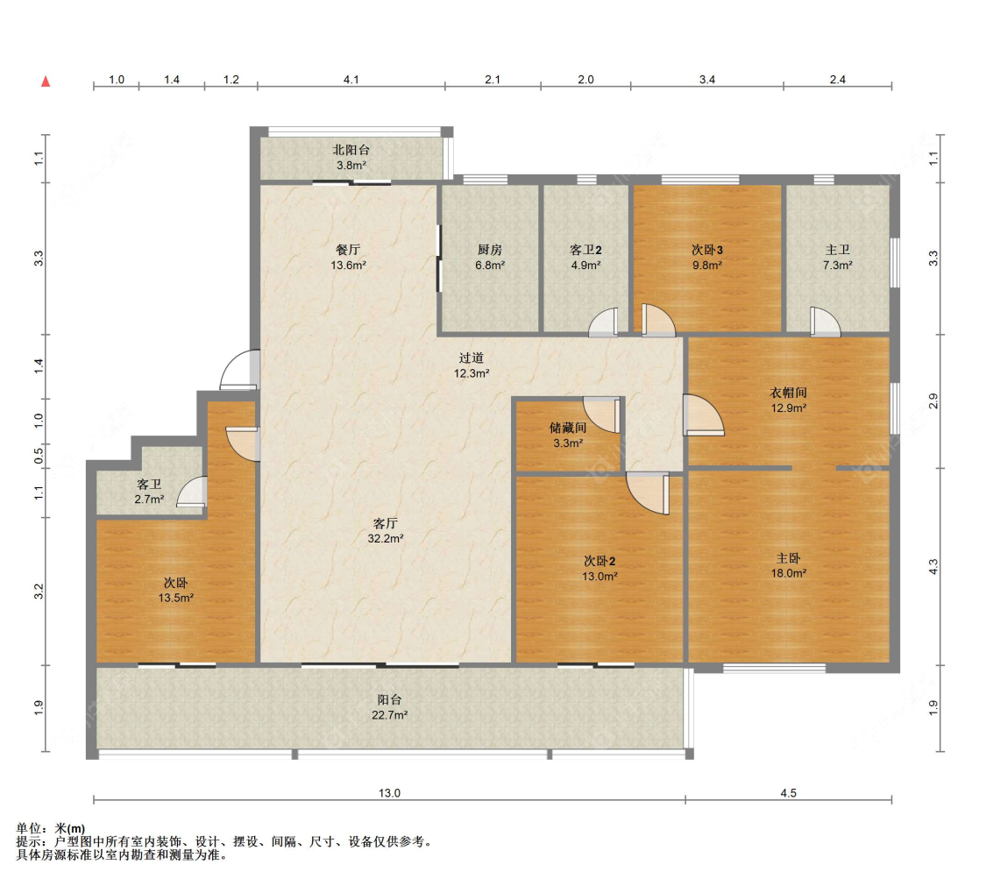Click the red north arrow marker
pyautogui.click(x=46, y=82)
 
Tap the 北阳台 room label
pyautogui.click(x=351, y=150)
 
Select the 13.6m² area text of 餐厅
pyautogui.click(x=348, y=266)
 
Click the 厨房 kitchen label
pyautogui.click(x=489, y=250)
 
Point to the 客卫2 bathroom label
pyautogui.click(x=585, y=250)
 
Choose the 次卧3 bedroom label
pyautogui.click(x=706, y=250)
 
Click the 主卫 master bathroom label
pyautogui.click(x=838, y=250)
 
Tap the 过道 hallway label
pyautogui.click(x=471, y=358)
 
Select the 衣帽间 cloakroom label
pyautogui.click(x=788, y=393)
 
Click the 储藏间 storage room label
pyautogui.click(x=568, y=428)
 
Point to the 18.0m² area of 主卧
pyautogui.click(x=789, y=573)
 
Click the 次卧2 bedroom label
pyautogui.click(x=599, y=561)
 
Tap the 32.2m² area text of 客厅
pyautogui.click(x=386, y=539)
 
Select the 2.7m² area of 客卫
pyautogui.click(x=149, y=500)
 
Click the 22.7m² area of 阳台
pyautogui.click(x=389, y=715)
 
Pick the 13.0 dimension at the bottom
pyautogui.click(x=389, y=793)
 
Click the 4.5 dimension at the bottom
pyautogui.click(x=789, y=793)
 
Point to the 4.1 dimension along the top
pyautogui.click(x=351, y=80)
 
